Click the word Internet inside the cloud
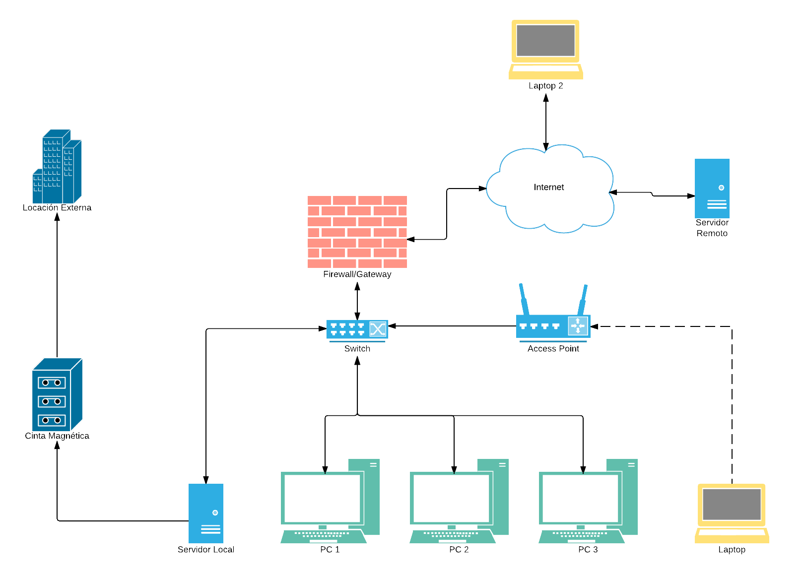tap(548, 187)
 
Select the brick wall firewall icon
tap(357, 232)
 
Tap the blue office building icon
tap(57, 167)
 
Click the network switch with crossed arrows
tap(357, 329)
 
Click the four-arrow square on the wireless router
tap(578, 326)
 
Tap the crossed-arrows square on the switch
tap(378, 329)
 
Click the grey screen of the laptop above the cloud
tap(545, 41)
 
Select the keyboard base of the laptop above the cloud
tap(545, 72)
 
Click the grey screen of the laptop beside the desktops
tap(732, 504)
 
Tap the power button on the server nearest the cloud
tap(721, 188)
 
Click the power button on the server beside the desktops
tap(215, 513)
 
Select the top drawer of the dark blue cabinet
tap(52, 383)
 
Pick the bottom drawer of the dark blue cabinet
tap(52, 420)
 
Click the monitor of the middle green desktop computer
tap(451, 498)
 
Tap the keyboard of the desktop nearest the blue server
tap(324, 536)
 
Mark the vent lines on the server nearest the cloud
tap(717, 204)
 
